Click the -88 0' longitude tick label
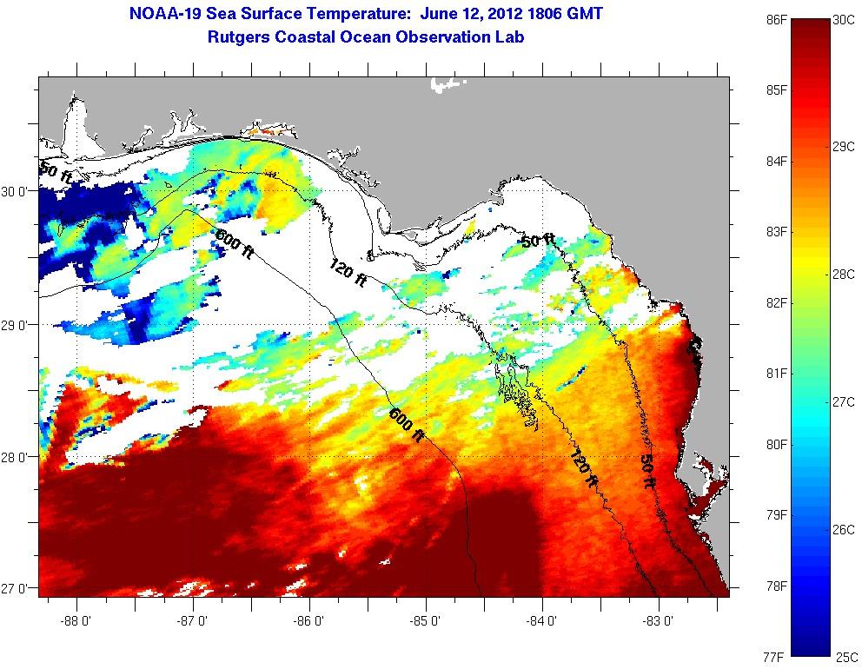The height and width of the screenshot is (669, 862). (x=76, y=620)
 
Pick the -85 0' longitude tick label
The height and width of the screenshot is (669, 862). (x=426, y=620)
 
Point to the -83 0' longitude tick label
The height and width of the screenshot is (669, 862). (x=659, y=620)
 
